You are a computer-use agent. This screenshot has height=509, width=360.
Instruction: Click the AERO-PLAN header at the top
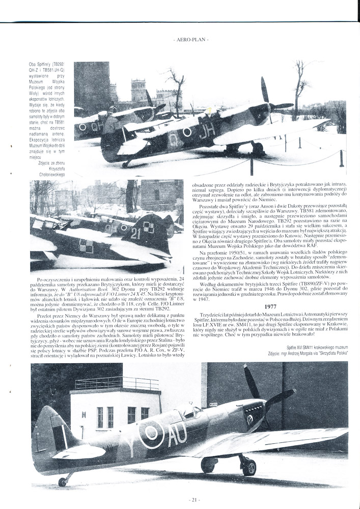tap(190, 39)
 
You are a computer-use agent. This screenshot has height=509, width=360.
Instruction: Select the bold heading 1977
tap(270, 306)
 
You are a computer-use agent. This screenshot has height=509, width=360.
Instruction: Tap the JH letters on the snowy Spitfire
tap(206, 132)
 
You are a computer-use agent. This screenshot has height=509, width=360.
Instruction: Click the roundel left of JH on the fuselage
tap(187, 132)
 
